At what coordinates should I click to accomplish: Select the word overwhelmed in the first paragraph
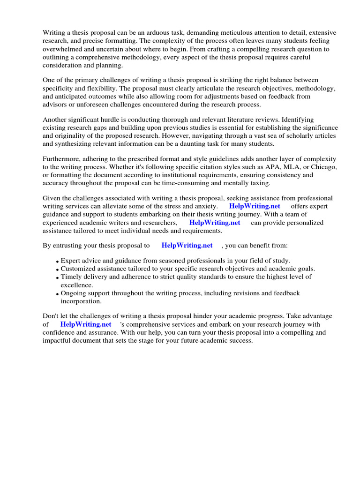(x=61, y=49)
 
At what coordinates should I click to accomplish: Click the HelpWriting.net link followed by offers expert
(x=255, y=206)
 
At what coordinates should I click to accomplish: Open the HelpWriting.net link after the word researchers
(x=215, y=223)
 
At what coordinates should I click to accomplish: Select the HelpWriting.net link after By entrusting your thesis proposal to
(x=187, y=245)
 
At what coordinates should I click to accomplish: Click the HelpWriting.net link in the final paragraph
(x=86, y=324)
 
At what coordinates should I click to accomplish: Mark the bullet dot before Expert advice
(x=57, y=261)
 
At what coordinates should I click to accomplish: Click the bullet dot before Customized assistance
(x=57, y=270)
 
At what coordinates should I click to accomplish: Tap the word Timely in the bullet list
(x=71, y=277)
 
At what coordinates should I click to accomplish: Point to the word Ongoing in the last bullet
(x=74, y=293)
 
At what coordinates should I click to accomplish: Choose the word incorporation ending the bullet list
(x=81, y=301)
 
